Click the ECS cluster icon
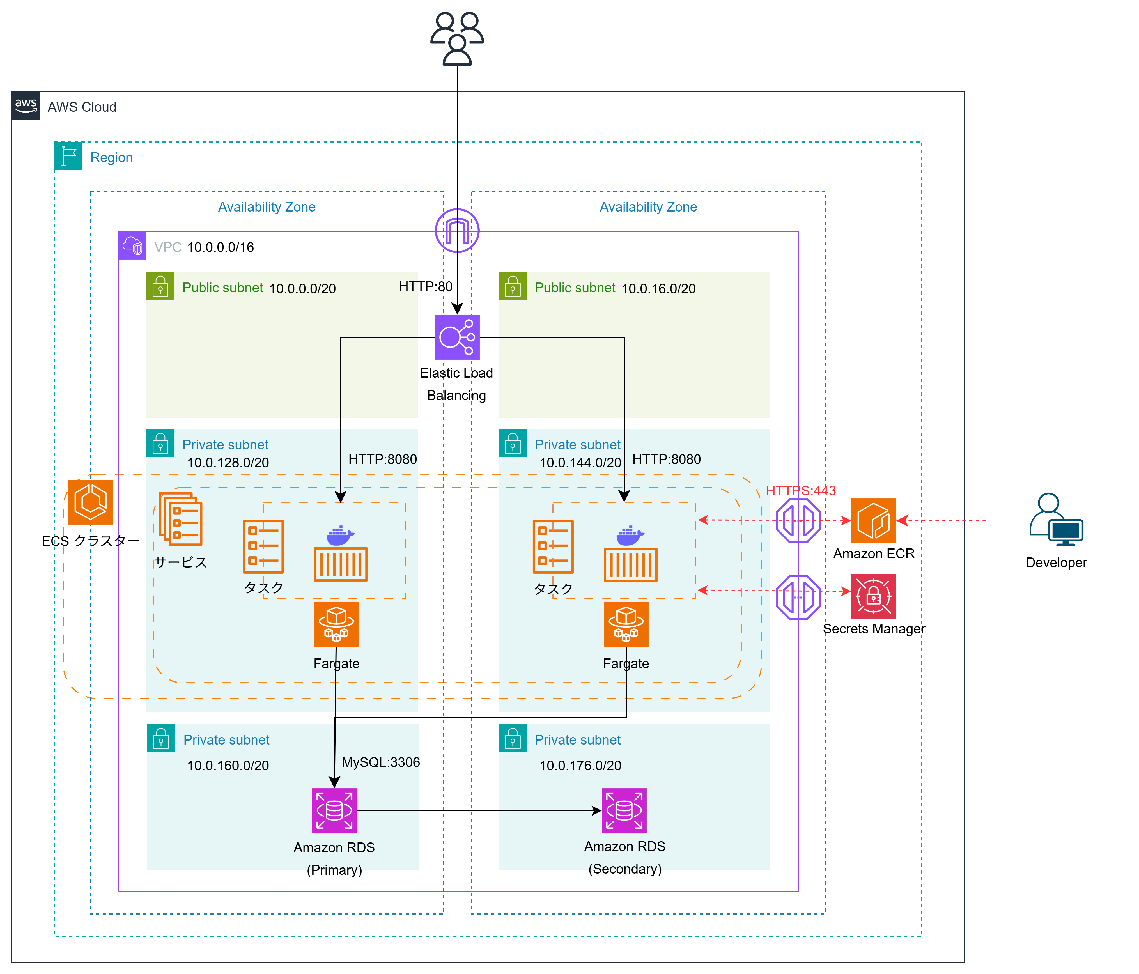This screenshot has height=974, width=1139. (91, 502)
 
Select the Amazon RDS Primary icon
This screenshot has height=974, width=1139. (334, 811)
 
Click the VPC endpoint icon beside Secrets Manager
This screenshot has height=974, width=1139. (798, 597)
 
